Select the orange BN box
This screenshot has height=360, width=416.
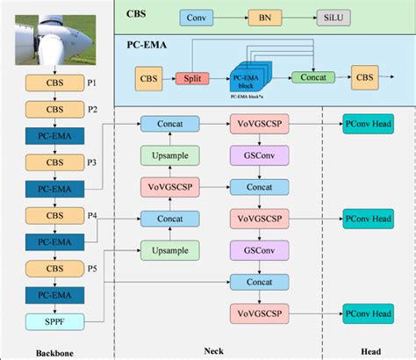(262, 17)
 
